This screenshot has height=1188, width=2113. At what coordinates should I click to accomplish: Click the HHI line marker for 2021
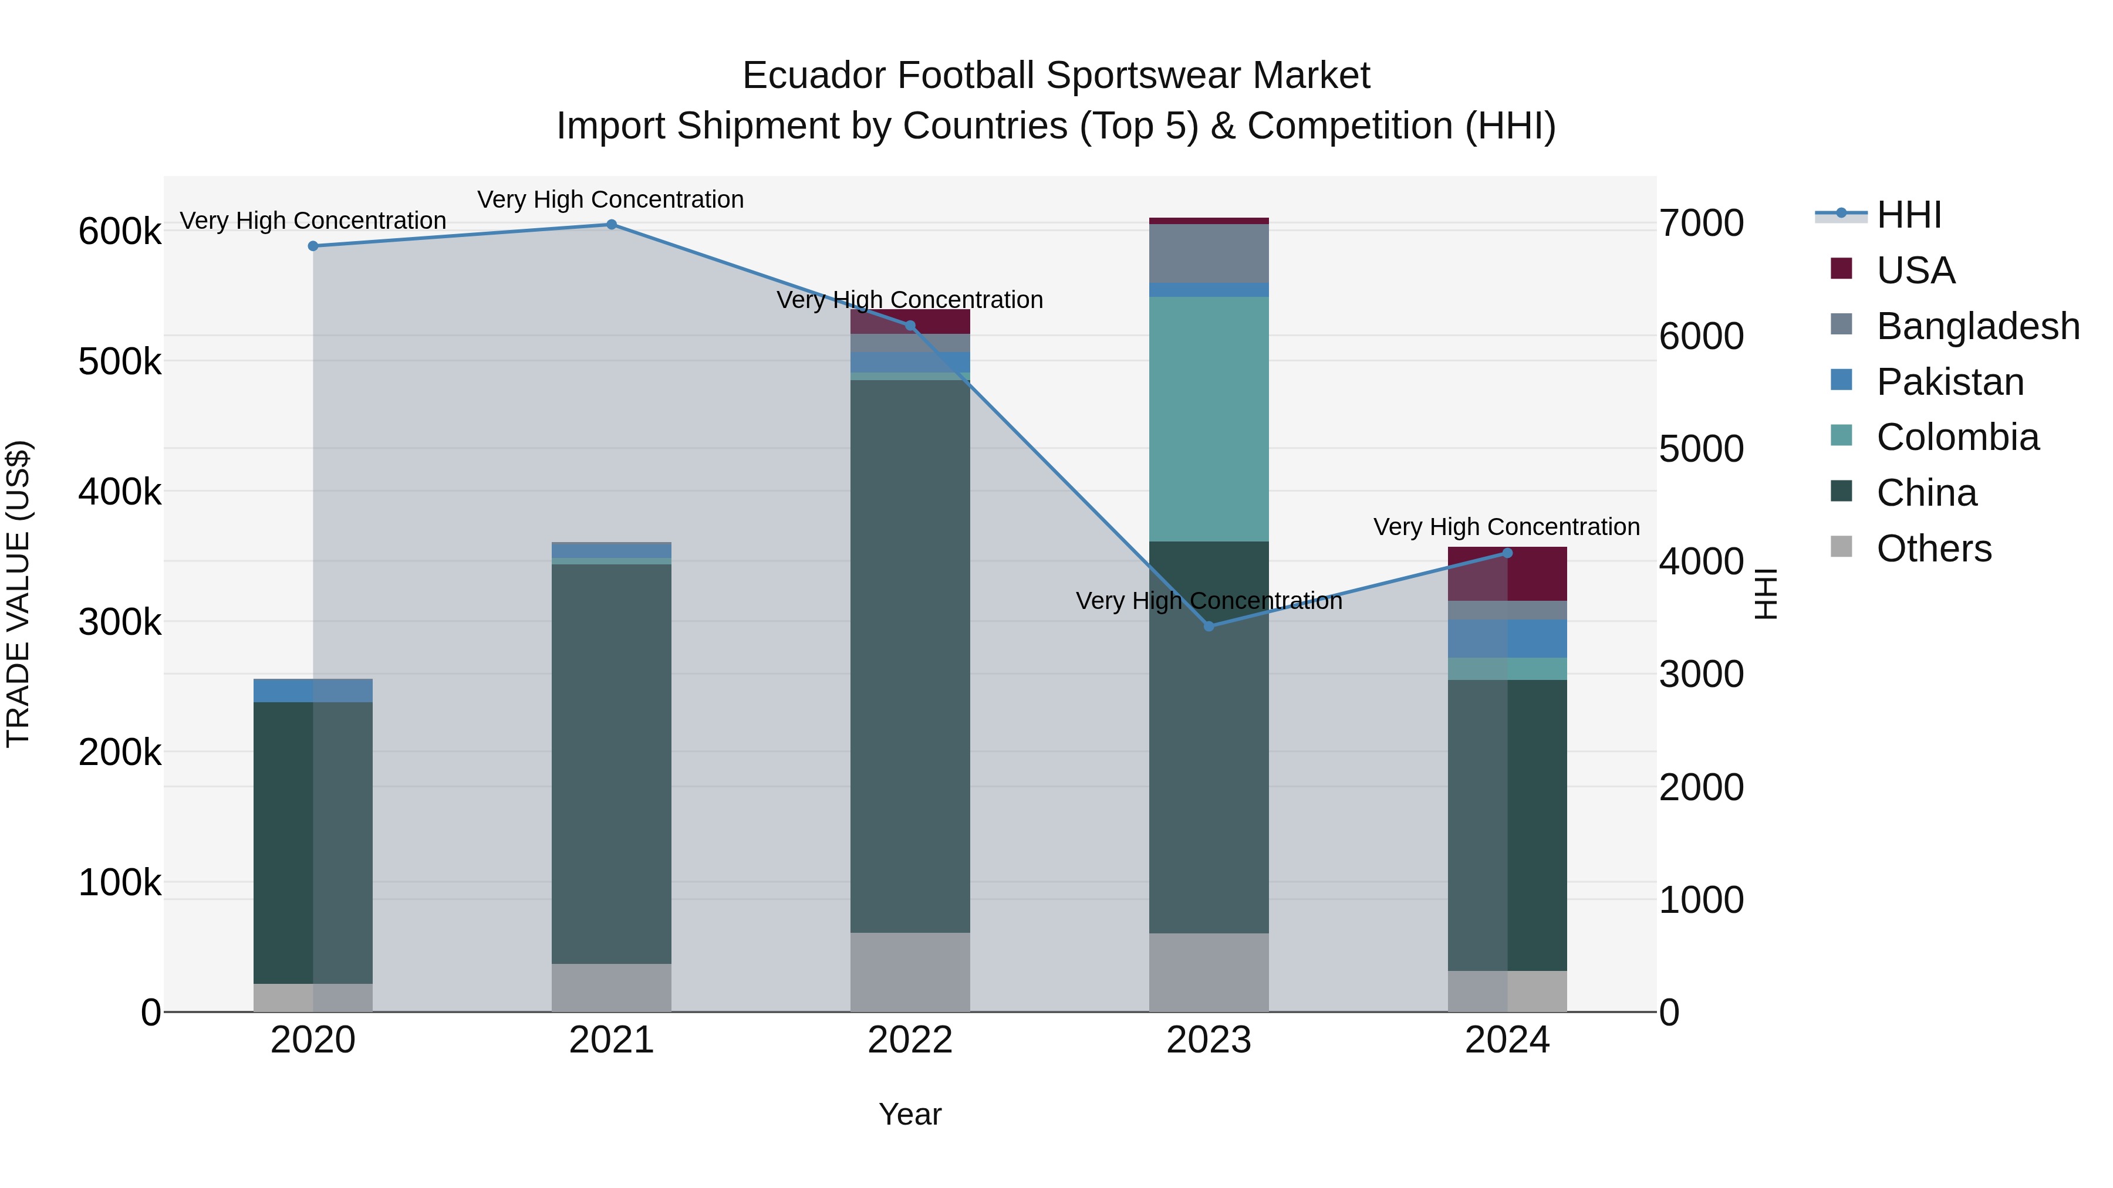[611, 225]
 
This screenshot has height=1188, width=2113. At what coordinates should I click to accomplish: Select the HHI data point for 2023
[1209, 627]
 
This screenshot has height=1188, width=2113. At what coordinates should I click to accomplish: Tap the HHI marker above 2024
[1507, 553]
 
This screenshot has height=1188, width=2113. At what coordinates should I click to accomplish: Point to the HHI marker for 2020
[312, 246]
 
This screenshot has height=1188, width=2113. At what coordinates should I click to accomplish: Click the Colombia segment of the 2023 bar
[1209, 419]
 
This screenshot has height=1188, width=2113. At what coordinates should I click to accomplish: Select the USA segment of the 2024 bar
[1507, 574]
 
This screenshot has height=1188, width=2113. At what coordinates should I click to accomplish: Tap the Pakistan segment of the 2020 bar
[312, 691]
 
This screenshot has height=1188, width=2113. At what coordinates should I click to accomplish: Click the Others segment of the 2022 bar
[910, 972]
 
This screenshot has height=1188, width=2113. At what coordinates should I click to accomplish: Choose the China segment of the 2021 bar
[611, 763]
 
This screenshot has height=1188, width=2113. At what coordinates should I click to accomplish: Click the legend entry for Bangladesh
[1977, 326]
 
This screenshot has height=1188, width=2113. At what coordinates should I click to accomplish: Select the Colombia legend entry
[1956, 437]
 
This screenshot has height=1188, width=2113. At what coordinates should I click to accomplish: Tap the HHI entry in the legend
[1908, 215]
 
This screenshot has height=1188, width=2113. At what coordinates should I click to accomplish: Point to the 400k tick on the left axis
[120, 492]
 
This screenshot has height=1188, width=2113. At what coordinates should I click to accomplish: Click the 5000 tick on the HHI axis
[1701, 449]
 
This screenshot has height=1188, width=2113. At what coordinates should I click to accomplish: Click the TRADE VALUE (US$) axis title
[18, 594]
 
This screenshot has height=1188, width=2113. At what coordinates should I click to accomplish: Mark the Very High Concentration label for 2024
[1506, 527]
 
